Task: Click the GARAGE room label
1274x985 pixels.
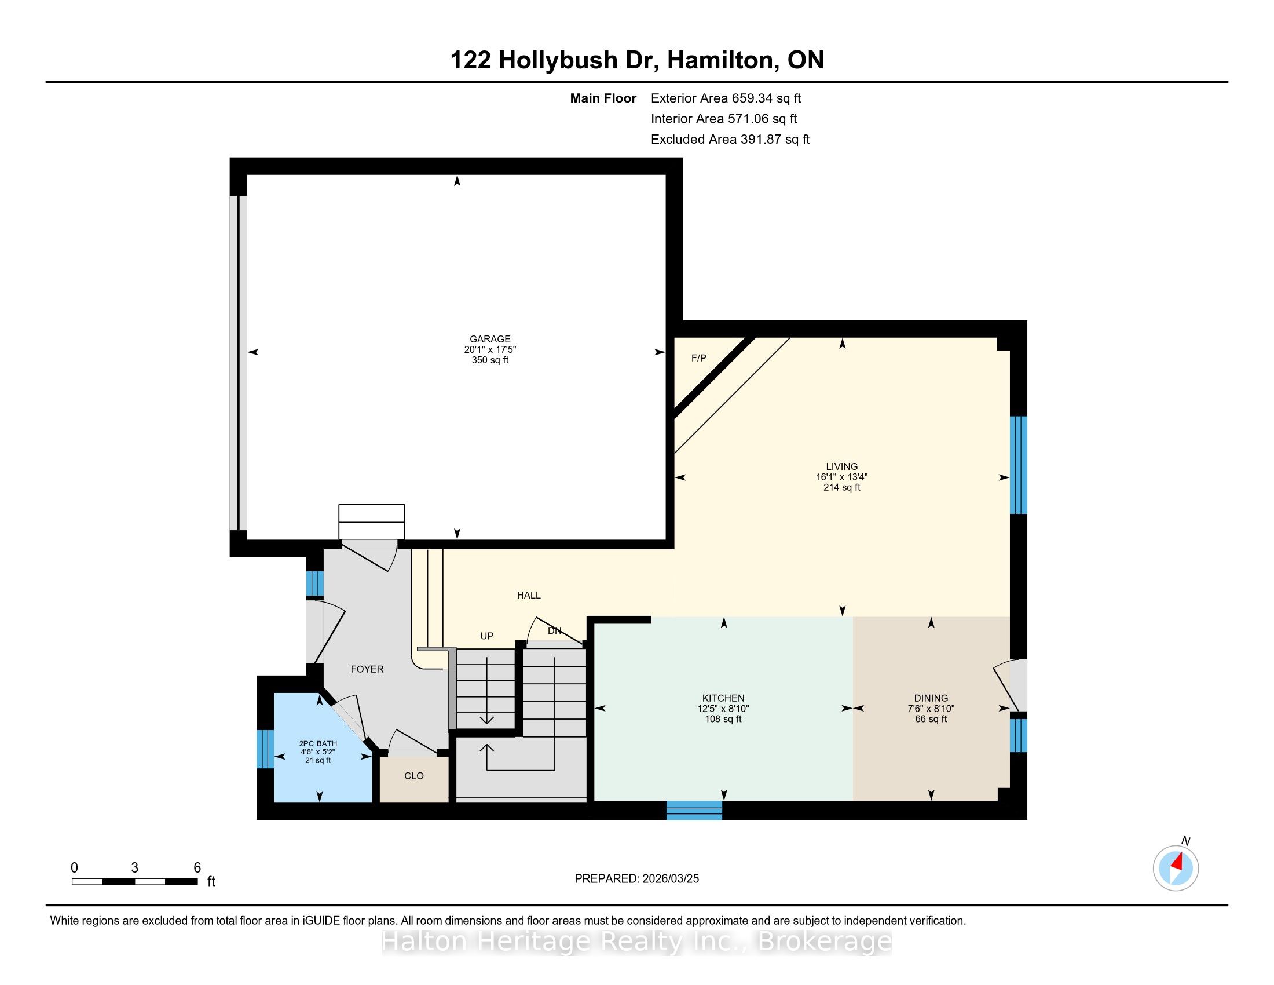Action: pyautogui.click(x=490, y=339)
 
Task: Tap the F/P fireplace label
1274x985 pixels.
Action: pyautogui.click(x=698, y=358)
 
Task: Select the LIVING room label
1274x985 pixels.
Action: pyautogui.click(x=842, y=466)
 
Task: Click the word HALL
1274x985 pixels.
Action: pyautogui.click(x=529, y=595)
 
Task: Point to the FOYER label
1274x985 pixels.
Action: pyautogui.click(x=367, y=669)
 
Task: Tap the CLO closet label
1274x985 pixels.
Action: pyautogui.click(x=413, y=776)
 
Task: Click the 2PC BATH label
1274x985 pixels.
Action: pyautogui.click(x=318, y=743)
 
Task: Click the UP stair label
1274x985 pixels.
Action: pyautogui.click(x=486, y=636)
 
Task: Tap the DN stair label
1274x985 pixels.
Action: pyautogui.click(x=554, y=631)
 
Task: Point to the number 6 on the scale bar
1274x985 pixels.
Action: pyautogui.click(x=197, y=868)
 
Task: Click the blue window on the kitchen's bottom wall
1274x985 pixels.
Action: pyautogui.click(x=694, y=811)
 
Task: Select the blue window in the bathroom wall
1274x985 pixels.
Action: pyautogui.click(x=265, y=749)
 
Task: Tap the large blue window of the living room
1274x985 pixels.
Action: pyautogui.click(x=1019, y=465)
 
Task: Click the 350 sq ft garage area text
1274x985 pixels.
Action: pyautogui.click(x=490, y=360)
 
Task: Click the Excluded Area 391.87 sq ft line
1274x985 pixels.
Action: pyautogui.click(x=730, y=140)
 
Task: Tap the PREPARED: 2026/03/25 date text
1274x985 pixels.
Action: pyautogui.click(x=636, y=879)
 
